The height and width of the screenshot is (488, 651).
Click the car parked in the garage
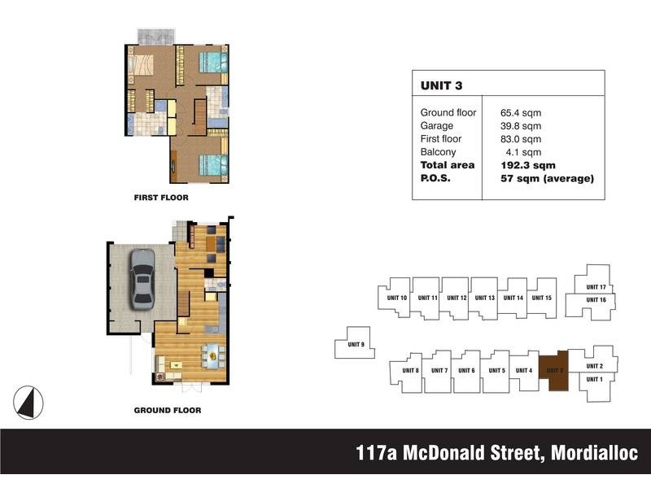(142, 279)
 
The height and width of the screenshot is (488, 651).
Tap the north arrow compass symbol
(28, 403)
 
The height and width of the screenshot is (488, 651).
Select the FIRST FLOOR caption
(161, 198)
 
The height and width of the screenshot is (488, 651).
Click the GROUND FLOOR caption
(168, 410)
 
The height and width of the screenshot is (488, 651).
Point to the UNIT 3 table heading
(441, 85)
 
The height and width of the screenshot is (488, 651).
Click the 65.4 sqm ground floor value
(521, 113)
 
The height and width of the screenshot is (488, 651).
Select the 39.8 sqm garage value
(521, 126)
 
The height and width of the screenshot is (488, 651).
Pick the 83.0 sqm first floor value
(521, 139)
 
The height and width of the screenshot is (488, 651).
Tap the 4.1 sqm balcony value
(523, 152)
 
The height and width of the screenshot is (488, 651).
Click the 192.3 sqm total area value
(528, 165)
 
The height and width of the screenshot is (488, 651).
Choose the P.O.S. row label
(435, 178)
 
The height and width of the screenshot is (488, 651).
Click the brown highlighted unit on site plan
(553, 370)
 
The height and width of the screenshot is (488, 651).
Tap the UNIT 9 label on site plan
(356, 344)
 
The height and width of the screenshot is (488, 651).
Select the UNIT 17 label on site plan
(596, 287)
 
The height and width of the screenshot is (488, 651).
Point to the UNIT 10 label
(397, 298)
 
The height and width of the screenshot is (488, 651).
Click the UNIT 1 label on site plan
(595, 379)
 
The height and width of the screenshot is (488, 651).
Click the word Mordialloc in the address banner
(595, 452)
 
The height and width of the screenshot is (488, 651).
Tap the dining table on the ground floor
(212, 355)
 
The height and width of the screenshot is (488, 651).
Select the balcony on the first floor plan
(155, 37)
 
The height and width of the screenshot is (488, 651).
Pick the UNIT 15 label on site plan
(542, 298)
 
